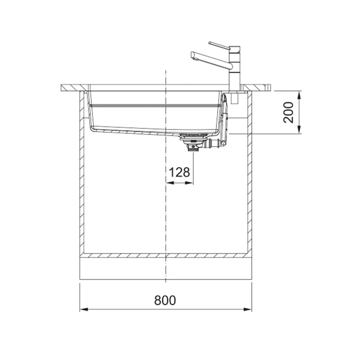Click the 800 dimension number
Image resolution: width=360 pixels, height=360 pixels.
point(165,300)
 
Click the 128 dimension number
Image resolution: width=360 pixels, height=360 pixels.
point(179,172)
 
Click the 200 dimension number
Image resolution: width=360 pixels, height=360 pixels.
point(288,112)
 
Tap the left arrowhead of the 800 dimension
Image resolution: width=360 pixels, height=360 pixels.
point(84,309)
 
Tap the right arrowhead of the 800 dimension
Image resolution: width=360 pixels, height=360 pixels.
point(247,309)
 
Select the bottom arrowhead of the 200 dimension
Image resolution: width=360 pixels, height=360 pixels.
point(299,129)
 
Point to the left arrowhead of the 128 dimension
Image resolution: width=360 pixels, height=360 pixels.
point(170,183)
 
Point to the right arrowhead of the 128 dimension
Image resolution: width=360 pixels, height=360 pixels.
point(189,183)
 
